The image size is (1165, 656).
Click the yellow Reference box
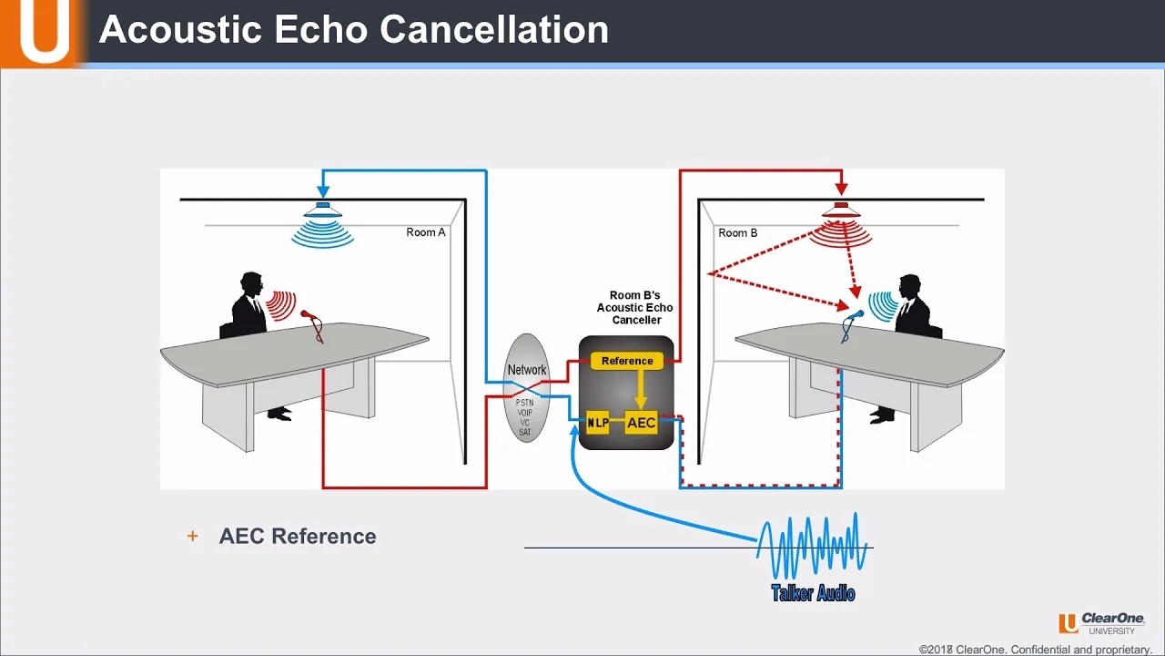pos(627,361)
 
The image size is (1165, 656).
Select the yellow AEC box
pos(641,423)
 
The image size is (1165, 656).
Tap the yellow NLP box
pos(598,423)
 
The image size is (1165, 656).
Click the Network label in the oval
pos(527,370)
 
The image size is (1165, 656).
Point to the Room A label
pos(425,232)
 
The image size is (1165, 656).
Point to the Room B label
pos(737,232)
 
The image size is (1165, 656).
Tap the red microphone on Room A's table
pos(312,326)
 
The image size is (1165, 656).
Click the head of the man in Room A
pos(251,283)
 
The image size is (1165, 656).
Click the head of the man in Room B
pos(910,286)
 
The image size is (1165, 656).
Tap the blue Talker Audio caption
pos(813,593)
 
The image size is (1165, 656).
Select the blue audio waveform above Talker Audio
pos(811,546)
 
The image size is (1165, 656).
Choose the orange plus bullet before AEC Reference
pos(192,536)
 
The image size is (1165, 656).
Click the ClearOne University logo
pos(1101,623)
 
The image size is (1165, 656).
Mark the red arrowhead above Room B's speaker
pos(842,189)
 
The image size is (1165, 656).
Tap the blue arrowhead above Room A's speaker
pos(323,190)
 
